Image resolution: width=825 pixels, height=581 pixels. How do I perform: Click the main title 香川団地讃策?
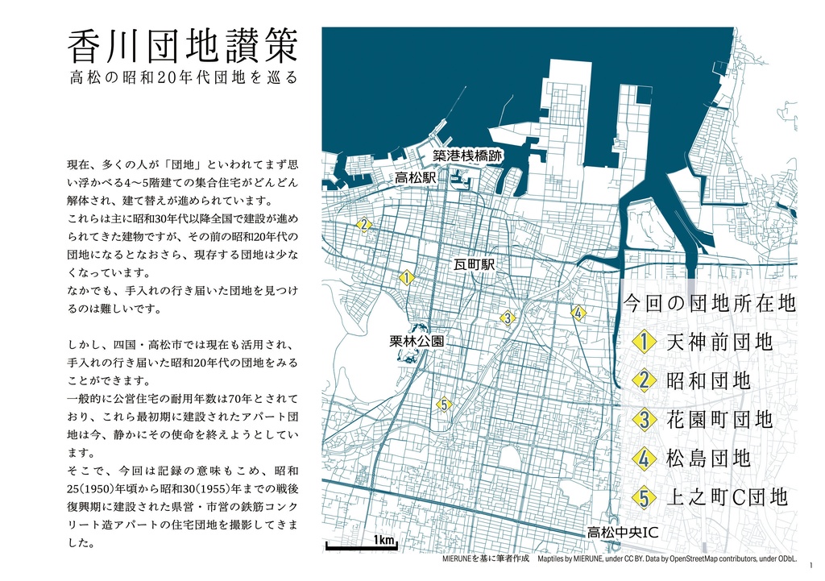184,48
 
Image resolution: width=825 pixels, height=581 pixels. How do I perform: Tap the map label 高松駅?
415,176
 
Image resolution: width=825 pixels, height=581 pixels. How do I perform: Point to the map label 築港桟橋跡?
467,156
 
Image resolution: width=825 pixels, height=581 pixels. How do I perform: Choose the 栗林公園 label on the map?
417,342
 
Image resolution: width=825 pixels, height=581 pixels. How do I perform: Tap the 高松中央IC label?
622,533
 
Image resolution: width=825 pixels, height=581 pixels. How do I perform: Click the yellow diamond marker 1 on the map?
406,278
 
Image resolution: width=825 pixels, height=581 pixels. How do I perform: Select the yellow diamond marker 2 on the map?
364,224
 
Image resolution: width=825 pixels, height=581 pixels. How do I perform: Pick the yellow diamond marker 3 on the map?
507,318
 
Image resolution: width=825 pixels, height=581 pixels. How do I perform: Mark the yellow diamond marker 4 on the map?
578,313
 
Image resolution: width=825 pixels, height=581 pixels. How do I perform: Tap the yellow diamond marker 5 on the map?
443,405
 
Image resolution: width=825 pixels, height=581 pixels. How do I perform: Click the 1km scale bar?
361,545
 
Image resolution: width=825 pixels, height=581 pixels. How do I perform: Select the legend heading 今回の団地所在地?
710,304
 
